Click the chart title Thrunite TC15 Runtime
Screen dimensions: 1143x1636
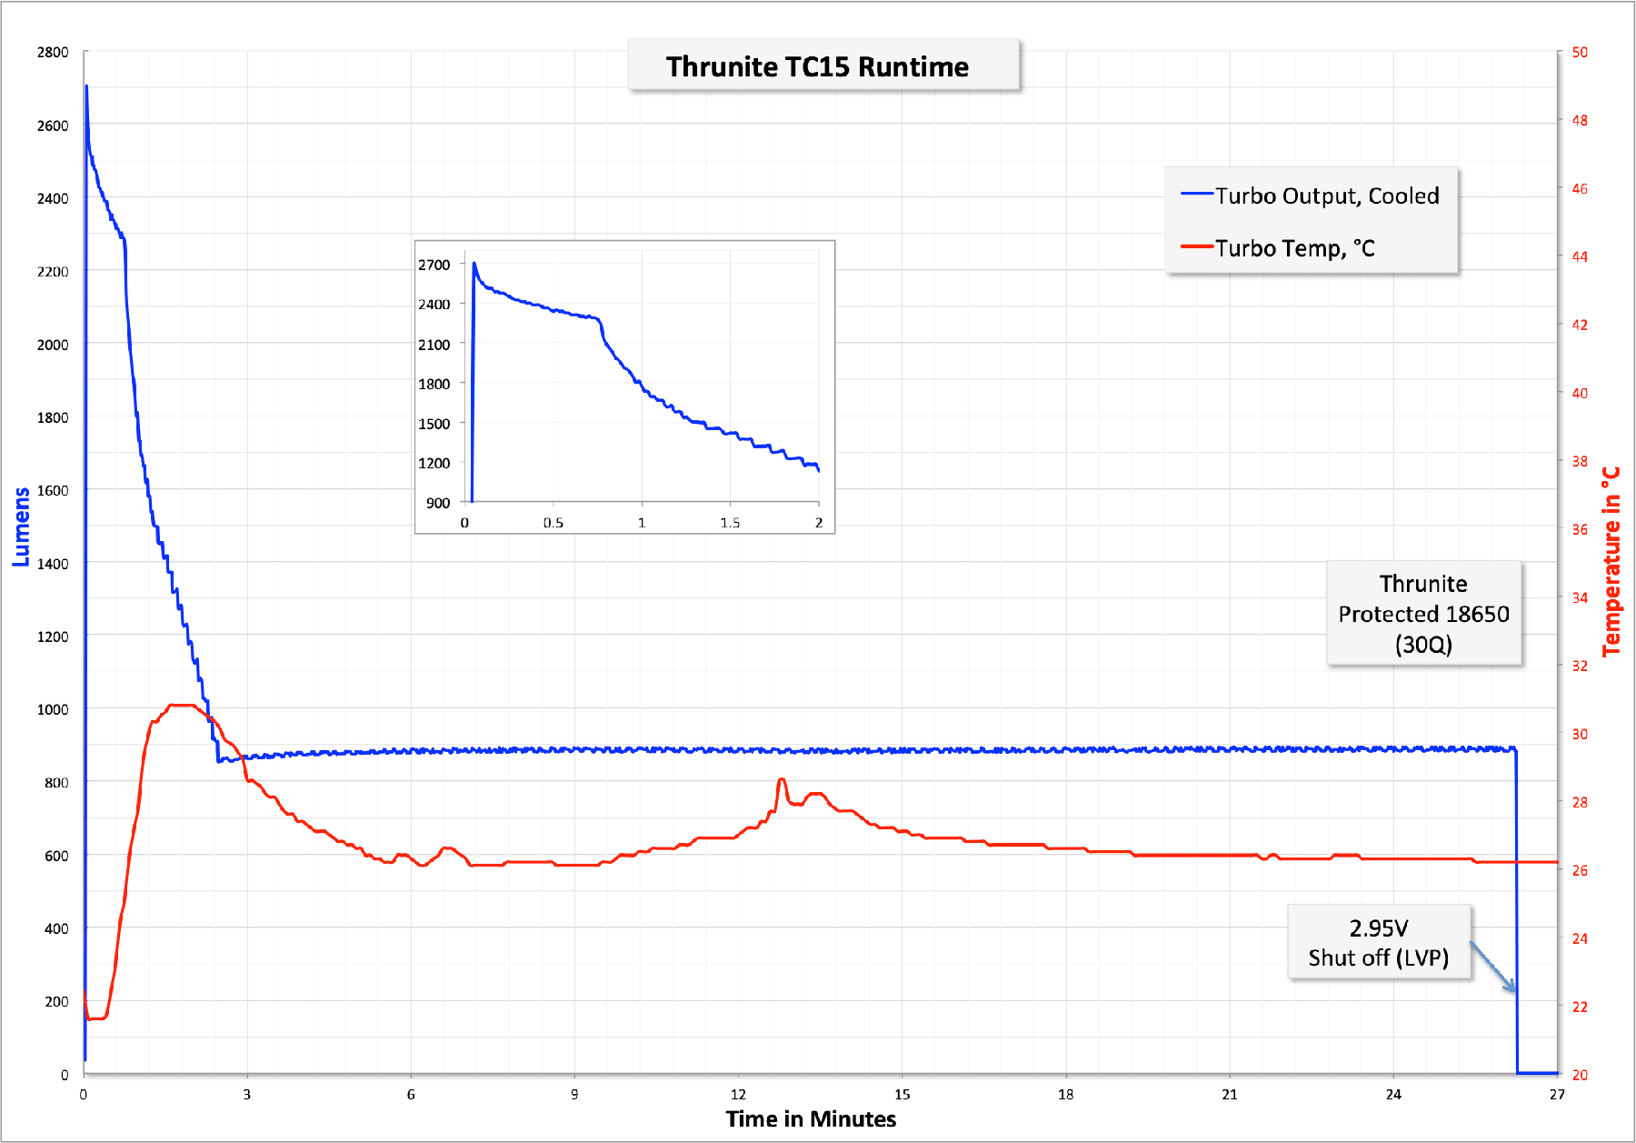817,66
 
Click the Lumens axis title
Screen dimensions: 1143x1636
21,526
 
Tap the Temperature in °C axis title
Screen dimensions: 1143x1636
1611,561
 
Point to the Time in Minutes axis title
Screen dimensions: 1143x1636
811,1118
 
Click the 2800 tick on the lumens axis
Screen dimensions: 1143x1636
53,52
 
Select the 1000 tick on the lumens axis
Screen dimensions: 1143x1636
53,709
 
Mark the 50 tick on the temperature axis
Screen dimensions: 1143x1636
1580,52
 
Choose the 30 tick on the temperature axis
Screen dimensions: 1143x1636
1580,734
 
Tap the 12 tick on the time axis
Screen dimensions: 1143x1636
738,1094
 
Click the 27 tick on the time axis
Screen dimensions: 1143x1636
1557,1094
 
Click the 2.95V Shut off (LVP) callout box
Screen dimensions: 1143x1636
1378,942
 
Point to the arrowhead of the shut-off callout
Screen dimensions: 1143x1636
1513,990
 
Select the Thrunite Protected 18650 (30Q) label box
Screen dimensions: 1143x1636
1423,614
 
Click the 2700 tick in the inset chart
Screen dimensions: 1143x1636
434,265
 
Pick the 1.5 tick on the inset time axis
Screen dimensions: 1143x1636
730,523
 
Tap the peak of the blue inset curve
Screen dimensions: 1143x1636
474,264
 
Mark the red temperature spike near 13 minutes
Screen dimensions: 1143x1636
782,780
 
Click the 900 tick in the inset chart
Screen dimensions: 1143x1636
438,503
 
